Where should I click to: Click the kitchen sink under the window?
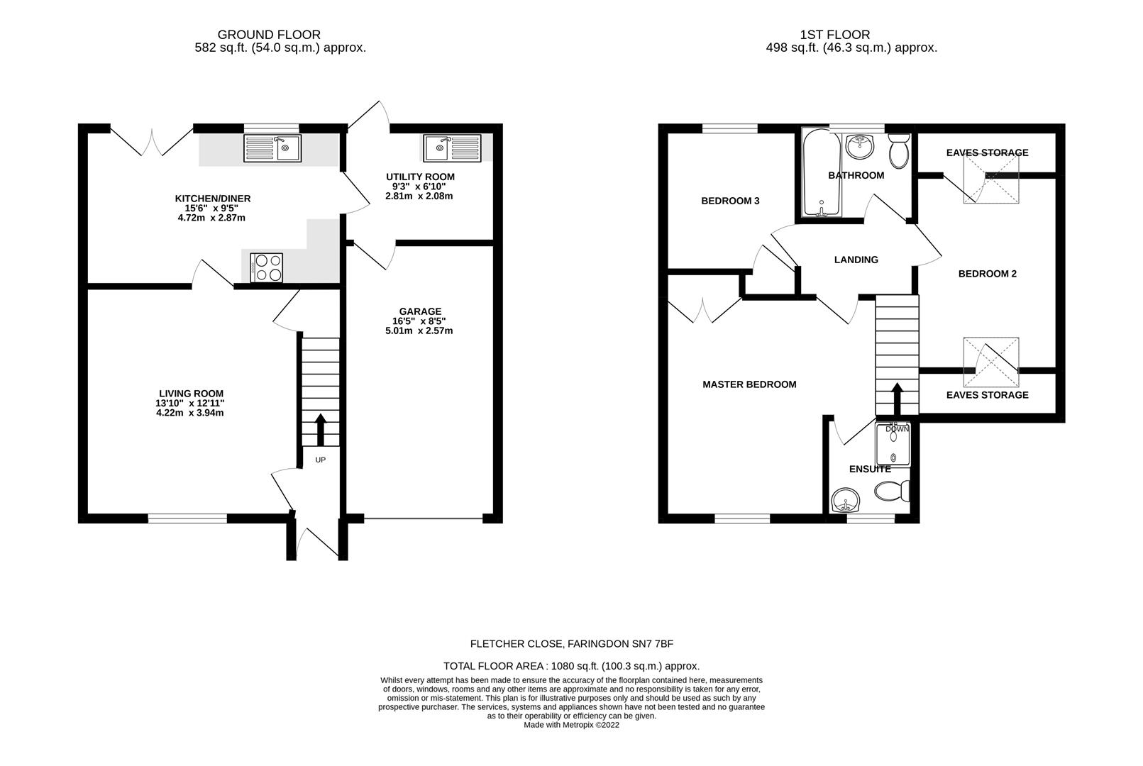(x=272, y=148)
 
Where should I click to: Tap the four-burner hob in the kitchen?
(x=266, y=268)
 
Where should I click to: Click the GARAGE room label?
(x=419, y=311)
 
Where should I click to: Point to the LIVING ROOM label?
(x=191, y=394)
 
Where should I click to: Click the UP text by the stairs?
(x=320, y=460)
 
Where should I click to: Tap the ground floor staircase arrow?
(x=320, y=428)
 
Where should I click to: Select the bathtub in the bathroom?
(x=820, y=174)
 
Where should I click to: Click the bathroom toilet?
(x=898, y=150)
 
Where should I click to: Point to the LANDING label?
(x=856, y=260)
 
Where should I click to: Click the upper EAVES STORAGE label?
(x=987, y=152)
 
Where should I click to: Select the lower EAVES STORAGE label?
(x=987, y=395)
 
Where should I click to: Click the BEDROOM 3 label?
(x=730, y=201)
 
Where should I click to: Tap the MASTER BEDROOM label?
(x=749, y=384)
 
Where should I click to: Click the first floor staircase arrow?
(x=897, y=398)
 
